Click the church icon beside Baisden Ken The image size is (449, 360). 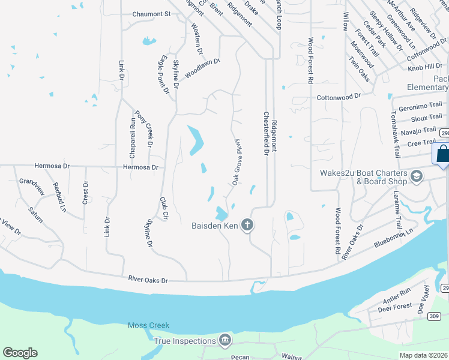[x=247, y=226]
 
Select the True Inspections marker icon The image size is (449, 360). [x=225, y=341]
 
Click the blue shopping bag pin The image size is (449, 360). [x=442, y=154]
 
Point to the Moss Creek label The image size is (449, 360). [x=149, y=325]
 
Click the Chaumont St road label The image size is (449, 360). [x=151, y=14]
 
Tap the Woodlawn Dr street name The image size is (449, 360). [x=203, y=68]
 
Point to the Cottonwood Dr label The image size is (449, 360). [x=339, y=96]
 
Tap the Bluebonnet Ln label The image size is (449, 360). [x=394, y=237]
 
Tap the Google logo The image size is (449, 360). [x=20, y=353]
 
